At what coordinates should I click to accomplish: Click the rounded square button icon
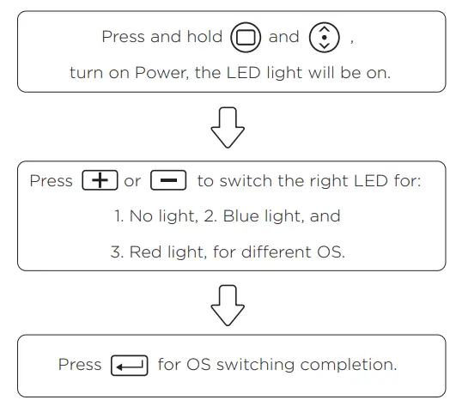tap(245, 38)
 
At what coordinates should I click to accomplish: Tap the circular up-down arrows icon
tap(324, 38)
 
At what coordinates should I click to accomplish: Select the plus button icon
tap(100, 182)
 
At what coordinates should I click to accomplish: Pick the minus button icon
tap(168, 182)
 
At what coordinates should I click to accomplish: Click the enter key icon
tap(130, 366)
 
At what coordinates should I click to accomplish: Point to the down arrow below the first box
tap(228, 127)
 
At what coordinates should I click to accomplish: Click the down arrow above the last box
tap(228, 305)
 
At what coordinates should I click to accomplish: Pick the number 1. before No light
tap(119, 216)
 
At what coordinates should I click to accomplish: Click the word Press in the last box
tap(80, 365)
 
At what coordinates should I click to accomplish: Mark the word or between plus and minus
tap(133, 182)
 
